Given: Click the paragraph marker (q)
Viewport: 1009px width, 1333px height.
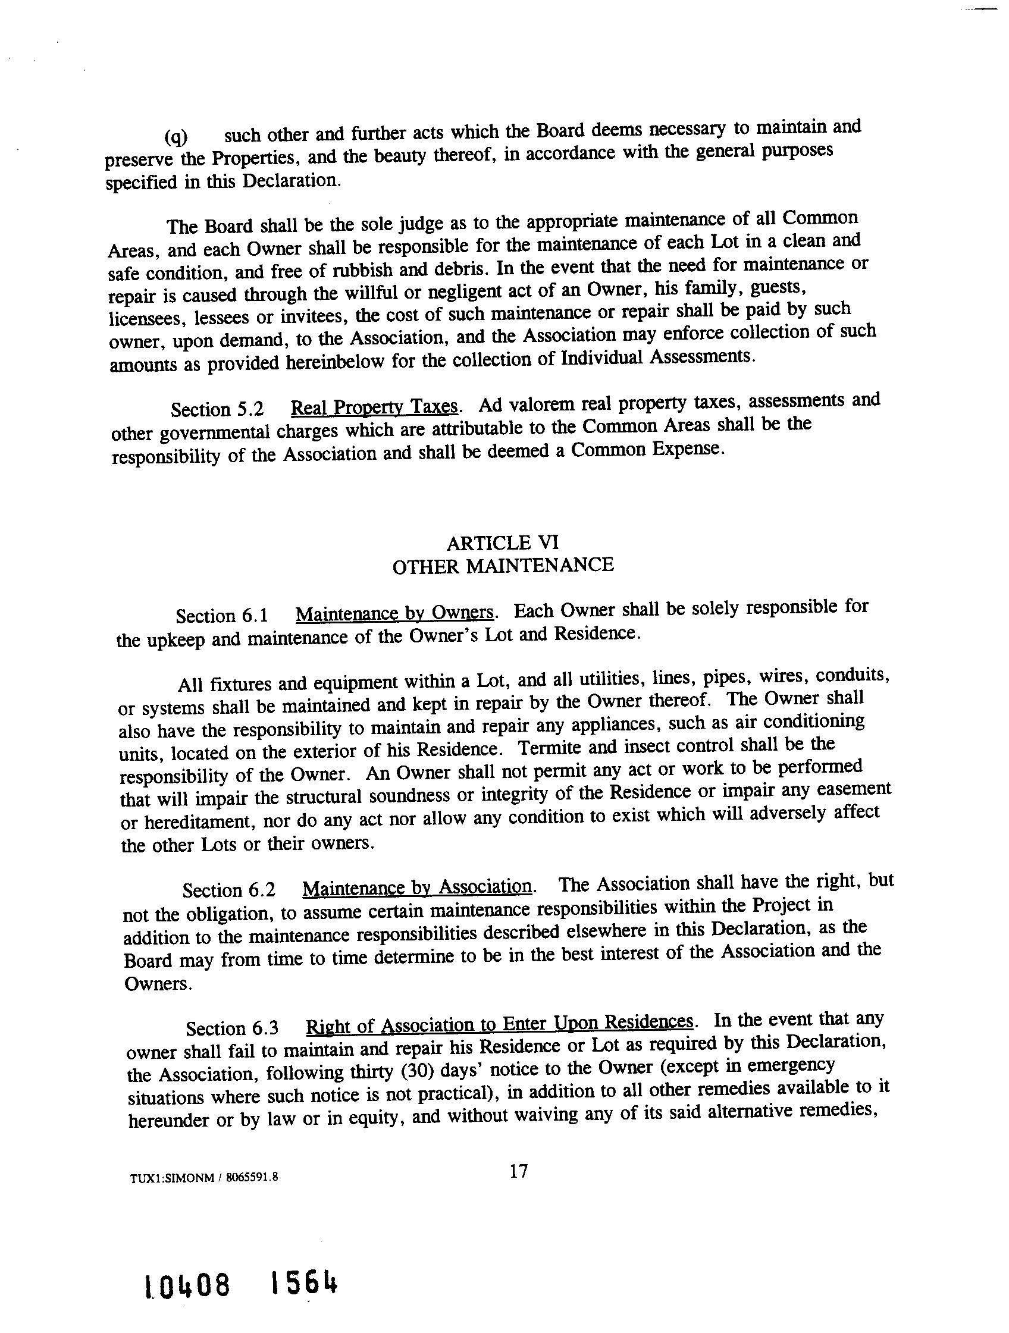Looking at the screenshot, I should click(176, 137).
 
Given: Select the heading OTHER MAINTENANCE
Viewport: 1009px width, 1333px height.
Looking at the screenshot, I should click(503, 566).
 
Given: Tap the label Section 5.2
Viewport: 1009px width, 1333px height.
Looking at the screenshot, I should click(218, 410).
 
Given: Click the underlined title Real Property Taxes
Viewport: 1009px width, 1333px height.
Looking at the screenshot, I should click(374, 407).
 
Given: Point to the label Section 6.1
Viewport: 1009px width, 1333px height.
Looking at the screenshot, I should click(222, 616).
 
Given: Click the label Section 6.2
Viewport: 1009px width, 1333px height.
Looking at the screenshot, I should click(229, 890).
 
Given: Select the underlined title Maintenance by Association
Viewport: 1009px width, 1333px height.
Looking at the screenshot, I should click(417, 887).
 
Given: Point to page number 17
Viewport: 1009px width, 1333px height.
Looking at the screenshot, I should click(518, 1171).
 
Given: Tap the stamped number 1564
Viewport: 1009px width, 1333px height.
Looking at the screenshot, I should click(305, 1284).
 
